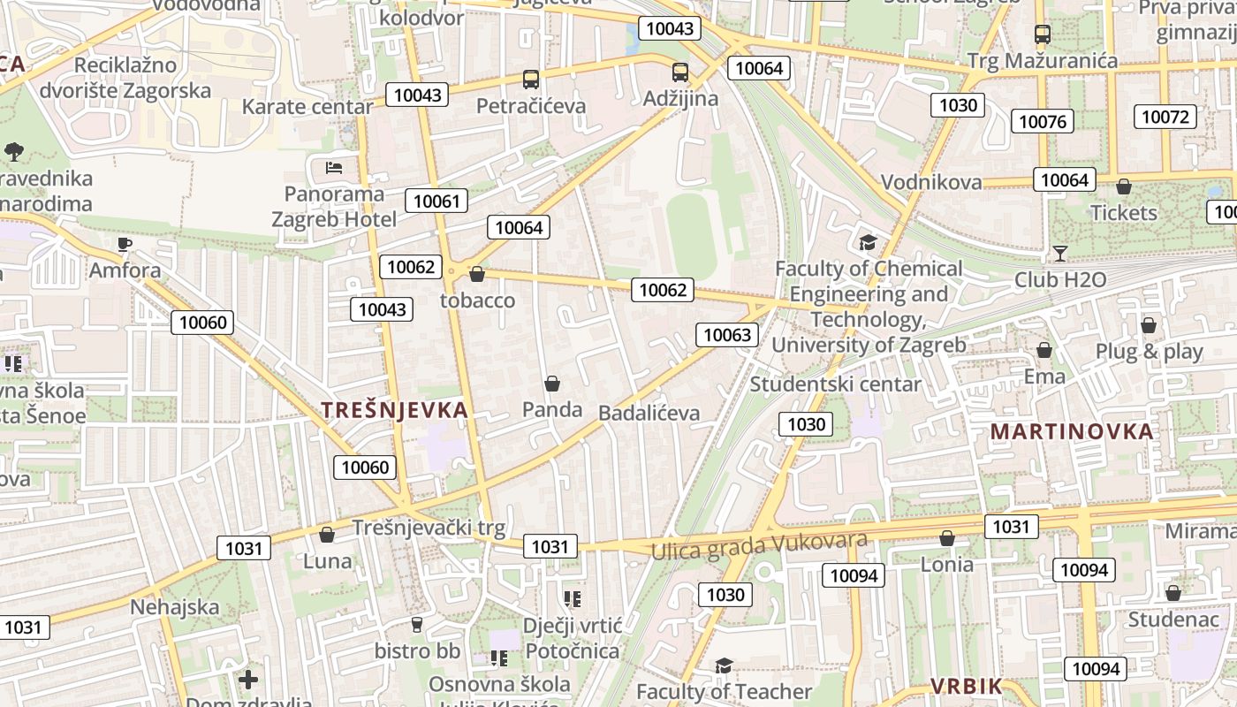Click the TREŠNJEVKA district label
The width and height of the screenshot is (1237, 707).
coord(394,410)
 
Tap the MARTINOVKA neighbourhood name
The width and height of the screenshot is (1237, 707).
coord(1072,431)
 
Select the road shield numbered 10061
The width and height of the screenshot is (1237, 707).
coord(436,201)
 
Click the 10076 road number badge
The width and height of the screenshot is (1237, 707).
coord(1043,121)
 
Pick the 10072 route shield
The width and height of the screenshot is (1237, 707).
coord(1166,117)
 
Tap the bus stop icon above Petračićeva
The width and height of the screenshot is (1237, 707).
coord(530,80)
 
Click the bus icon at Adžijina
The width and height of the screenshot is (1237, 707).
coord(679,72)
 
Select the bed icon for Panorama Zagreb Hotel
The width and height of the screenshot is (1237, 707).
coord(334,167)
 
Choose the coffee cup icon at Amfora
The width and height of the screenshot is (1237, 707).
coord(125,244)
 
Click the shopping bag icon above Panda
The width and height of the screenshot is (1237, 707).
coord(552,384)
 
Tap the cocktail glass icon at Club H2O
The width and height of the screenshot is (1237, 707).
coord(1060,255)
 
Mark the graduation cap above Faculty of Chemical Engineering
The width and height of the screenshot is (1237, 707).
coord(868,242)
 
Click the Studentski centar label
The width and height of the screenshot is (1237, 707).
coord(835,384)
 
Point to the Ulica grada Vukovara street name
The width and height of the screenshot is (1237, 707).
coord(759,545)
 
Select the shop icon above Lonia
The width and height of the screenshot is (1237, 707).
coord(947,538)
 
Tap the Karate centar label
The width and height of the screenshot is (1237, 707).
coord(307,107)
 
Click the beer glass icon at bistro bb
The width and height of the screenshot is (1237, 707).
coord(417,625)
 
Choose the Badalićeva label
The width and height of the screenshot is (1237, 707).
coord(649,413)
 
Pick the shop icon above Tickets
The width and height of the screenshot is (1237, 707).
coord(1124,186)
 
